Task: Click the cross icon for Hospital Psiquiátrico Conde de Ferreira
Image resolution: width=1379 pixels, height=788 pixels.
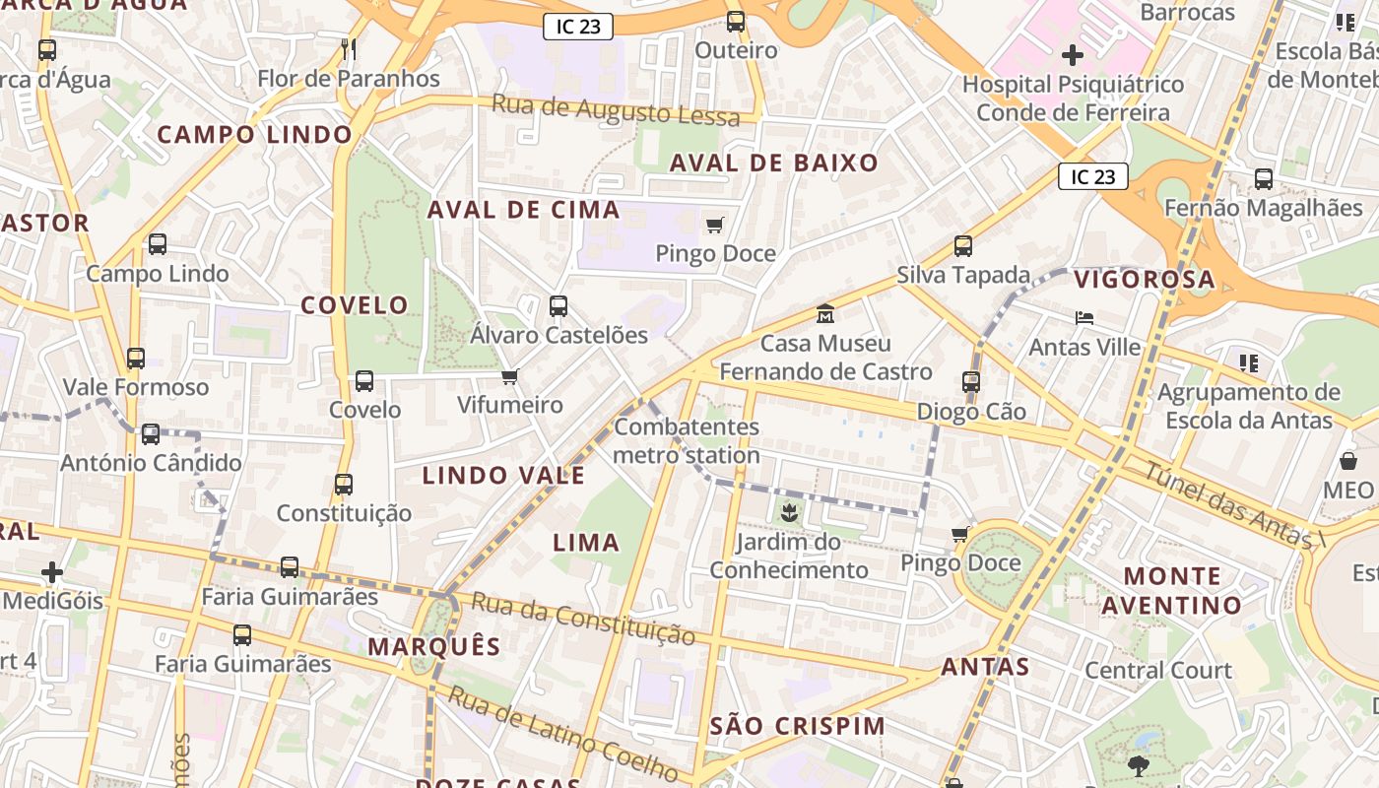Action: (1073, 55)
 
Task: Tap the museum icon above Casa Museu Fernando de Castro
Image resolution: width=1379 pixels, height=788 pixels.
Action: (825, 314)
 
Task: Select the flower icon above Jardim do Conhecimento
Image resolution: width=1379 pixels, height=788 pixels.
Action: (788, 512)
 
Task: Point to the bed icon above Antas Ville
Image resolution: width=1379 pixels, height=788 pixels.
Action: (1084, 318)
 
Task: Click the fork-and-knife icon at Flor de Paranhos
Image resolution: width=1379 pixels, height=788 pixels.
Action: (348, 48)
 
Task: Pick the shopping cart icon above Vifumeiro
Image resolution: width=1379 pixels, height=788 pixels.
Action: (509, 376)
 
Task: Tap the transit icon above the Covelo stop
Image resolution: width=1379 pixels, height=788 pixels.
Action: (364, 381)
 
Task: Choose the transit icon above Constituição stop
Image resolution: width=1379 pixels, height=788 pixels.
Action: (343, 485)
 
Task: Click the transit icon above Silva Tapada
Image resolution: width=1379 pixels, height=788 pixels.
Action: (962, 246)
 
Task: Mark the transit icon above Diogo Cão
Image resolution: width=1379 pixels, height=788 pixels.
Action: (971, 382)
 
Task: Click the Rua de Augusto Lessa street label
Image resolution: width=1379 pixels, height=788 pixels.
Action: (615, 110)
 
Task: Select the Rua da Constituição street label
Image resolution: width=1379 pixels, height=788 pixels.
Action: (582, 618)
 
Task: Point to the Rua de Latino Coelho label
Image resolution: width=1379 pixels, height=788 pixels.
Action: (562, 734)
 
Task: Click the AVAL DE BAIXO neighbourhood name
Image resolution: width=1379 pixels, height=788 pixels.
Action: (773, 164)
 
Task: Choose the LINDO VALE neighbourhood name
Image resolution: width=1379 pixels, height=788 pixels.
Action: (503, 476)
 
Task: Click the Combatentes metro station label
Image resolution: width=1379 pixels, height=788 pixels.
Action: (687, 441)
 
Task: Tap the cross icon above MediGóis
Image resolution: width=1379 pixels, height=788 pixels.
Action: (52, 572)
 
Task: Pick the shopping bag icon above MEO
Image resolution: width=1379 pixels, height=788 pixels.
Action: (1348, 461)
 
